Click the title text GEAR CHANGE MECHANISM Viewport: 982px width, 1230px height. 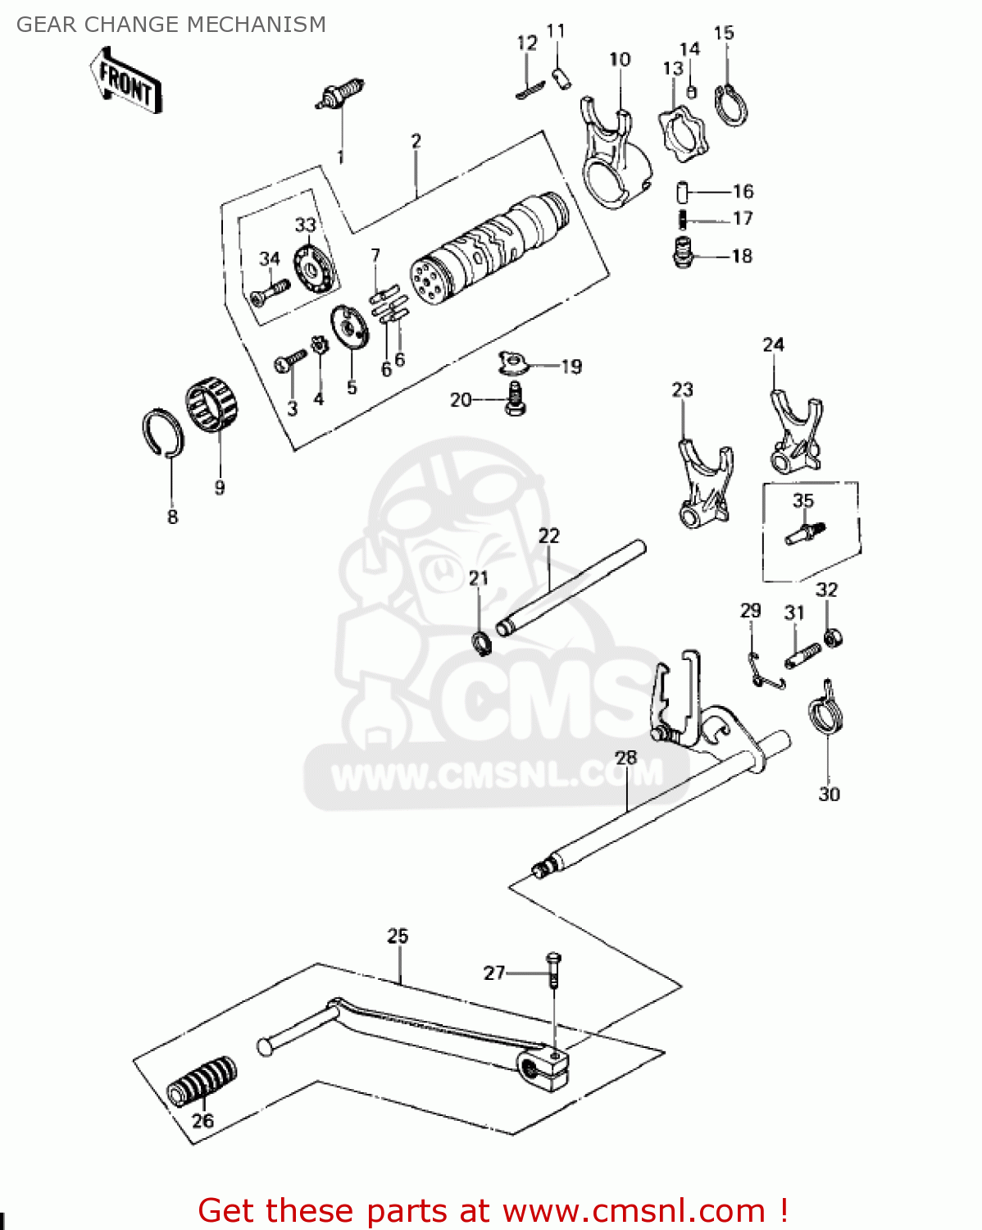pyautogui.click(x=171, y=25)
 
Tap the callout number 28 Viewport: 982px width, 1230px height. pyautogui.click(x=626, y=757)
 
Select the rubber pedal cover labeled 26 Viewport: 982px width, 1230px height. pyautogui.click(x=202, y=1082)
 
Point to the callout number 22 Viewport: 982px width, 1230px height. pyautogui.click(x=548, y=536)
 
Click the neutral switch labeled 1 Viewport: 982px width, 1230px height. pyautogui.click(x=340, y=93)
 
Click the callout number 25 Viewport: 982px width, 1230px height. pyautogui.click(x=398, y=936)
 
